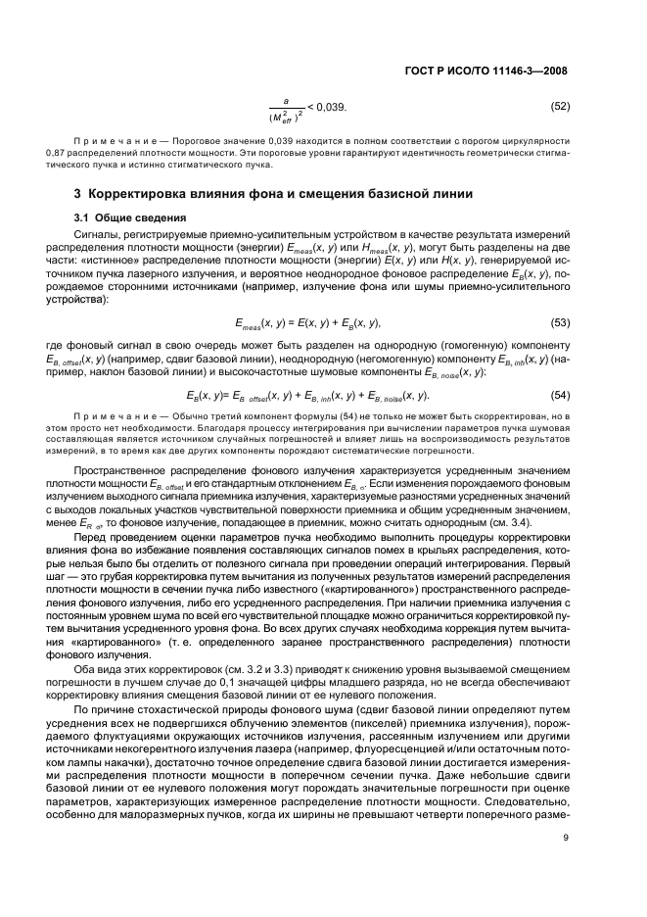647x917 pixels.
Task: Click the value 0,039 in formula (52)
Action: coord(327,106)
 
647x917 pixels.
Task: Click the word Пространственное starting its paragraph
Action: coord(124,472)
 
